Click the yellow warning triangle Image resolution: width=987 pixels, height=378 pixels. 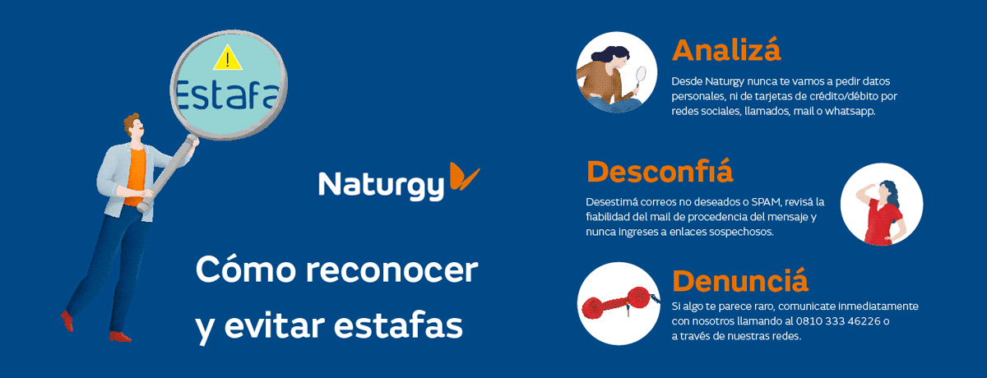click(x=227, y=58)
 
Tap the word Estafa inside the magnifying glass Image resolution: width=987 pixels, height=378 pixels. click(x=227, y=94)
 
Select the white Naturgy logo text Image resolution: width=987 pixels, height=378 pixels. click(x=381, y=186)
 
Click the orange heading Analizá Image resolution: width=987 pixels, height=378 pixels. click(x=726, y=50)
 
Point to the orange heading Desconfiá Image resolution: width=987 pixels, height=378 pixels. click(x=660, y=171)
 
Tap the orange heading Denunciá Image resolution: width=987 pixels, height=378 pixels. click(x=740, y=280)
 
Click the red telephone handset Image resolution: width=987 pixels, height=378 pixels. click(x=617, y=302)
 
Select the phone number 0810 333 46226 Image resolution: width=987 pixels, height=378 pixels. click(x=838, y=321)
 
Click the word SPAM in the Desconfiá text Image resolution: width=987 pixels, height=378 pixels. click(x=767, y=202)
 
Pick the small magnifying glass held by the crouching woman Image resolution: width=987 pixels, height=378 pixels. click(x=639, y=79)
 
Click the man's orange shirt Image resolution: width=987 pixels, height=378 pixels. click(x=137, y=177)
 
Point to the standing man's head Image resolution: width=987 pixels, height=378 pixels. click(x=133, y=127)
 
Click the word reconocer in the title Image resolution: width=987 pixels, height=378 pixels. click(x=392, y=270)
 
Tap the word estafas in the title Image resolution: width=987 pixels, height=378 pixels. click(x=398, y=325)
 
